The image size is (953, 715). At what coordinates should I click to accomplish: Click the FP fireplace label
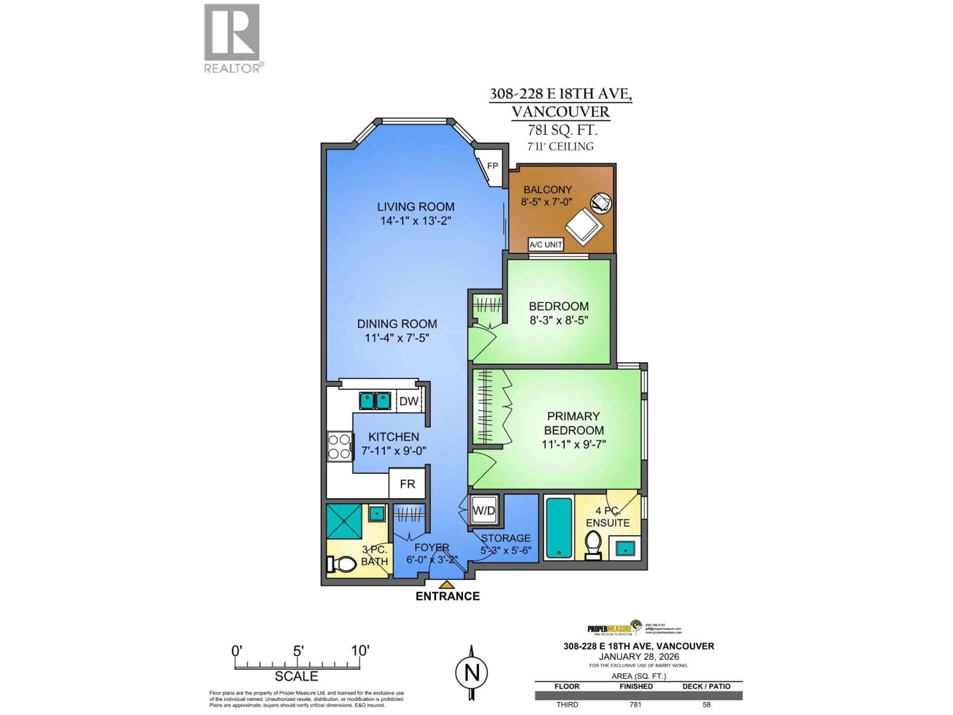coord(492,166)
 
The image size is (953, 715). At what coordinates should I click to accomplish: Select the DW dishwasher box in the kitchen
coord(408,401)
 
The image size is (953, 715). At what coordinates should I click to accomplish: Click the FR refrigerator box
coord(407,484)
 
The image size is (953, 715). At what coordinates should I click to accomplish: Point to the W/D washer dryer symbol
coord(484,511)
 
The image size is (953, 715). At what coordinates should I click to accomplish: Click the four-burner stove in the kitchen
coord(339,446)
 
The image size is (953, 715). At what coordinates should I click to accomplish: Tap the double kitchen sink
coord(375,401)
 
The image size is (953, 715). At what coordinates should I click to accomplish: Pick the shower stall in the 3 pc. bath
coord(344,521)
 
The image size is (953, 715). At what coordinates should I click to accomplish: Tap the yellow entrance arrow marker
coord(447,585)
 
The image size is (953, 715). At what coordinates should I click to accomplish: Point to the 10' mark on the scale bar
coord(360,651)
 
